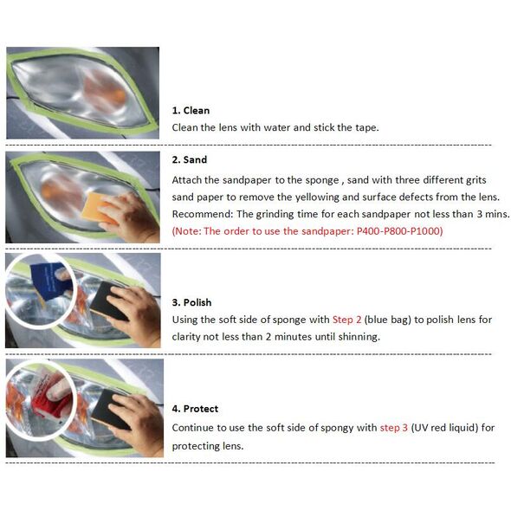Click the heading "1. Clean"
[x=191, y=111]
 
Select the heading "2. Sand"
[x=190, y=159]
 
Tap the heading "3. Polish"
[x=191, y=302]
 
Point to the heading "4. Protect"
[x=195, y=409]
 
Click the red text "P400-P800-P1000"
[x=400, y=231]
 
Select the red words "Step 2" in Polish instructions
[x=346, y=320]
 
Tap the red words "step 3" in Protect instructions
[x=394, y=428]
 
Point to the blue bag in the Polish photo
[x=50, y=281]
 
